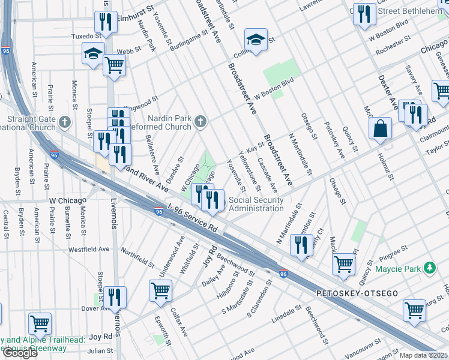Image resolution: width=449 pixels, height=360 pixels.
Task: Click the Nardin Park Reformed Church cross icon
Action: point(201,123)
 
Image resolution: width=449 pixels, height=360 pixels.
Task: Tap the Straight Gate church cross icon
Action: point(66,123)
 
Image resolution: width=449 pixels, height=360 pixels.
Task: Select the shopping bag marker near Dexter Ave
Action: point(380,128)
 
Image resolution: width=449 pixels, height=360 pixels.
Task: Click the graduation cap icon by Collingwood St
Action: point(256,41)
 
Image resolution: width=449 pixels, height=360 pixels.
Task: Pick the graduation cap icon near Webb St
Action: point(94,53)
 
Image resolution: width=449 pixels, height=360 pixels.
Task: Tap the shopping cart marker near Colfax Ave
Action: point(160,291)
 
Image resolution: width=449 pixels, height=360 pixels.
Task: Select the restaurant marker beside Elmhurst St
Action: point(104,23)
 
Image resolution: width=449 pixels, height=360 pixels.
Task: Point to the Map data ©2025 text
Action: point(424,355)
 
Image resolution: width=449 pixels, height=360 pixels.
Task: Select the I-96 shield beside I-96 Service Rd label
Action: point(158,212)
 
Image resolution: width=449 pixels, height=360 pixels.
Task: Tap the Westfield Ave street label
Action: point(89,248)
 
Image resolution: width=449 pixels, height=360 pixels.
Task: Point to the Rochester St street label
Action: point(393,51)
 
